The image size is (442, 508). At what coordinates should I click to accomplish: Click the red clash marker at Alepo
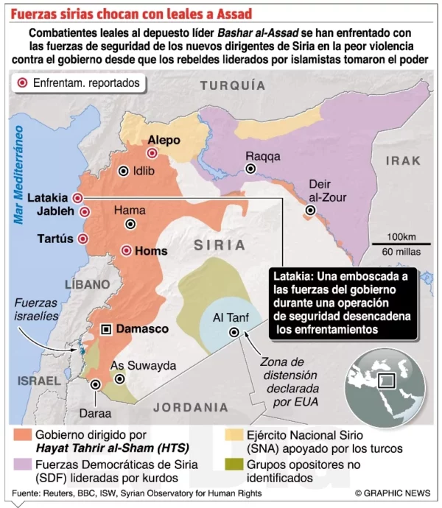click(x=152, y=153)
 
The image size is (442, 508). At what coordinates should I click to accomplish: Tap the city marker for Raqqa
click(x=250, y=169)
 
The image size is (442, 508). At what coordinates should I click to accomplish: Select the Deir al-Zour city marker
click(x=311, y=211)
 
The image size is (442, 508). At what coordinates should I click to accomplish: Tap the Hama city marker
click(x=130, y=222)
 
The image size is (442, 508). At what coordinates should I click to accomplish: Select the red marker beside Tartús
click(x=83, y=239)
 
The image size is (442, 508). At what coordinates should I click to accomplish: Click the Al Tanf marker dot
click(x=234, y=332)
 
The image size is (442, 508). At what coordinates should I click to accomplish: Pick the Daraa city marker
click(x=95, y=384)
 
